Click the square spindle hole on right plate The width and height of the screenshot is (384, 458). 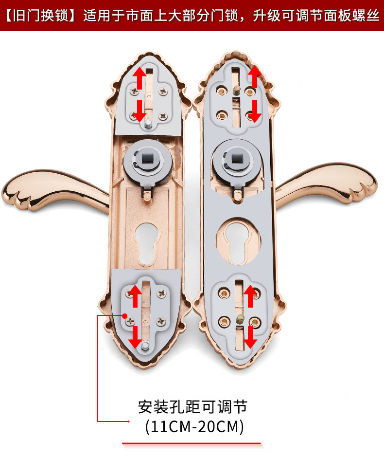pos(236,159)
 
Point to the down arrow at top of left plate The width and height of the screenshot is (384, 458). pos(140,110)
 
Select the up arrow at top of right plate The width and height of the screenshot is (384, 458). pos(254,76)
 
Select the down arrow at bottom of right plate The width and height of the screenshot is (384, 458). pos(250,337)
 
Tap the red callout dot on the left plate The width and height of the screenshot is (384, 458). pos(124,315)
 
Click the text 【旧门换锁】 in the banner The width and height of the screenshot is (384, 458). pos(40,16)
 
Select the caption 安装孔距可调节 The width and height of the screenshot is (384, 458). pos(193,406)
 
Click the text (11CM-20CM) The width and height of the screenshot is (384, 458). pos(194,426)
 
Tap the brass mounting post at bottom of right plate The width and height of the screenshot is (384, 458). pos(240,319)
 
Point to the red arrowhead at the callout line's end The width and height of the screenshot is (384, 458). pos(128,421)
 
